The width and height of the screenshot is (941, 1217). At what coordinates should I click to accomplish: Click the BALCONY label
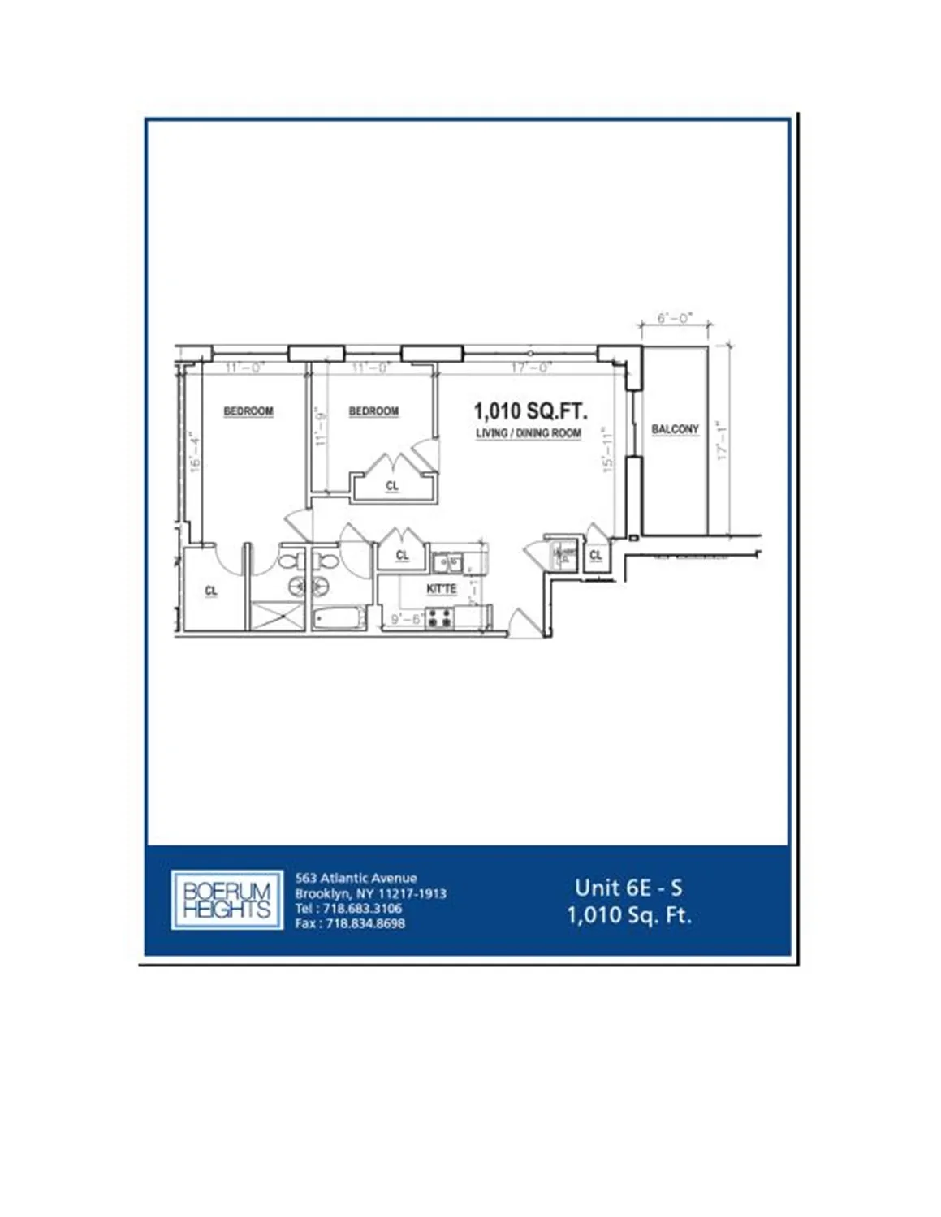(675, 429)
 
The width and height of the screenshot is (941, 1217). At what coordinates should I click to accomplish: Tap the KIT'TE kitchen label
(442, 589)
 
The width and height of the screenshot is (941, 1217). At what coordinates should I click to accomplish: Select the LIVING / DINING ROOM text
(529, 433)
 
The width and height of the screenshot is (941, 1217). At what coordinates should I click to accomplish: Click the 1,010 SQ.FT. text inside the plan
(530, 411)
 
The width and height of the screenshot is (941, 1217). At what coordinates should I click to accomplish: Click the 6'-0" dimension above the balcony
(675, 318)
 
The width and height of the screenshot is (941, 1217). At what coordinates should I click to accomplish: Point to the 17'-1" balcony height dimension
(723, 441)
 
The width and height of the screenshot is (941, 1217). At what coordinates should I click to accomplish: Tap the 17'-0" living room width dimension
(531, 368)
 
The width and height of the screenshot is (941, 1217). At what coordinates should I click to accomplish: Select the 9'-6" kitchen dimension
(406, 619)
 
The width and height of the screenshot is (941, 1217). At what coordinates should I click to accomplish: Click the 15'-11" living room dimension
(608, 450)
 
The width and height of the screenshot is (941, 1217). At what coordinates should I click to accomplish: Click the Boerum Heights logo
(227, 901)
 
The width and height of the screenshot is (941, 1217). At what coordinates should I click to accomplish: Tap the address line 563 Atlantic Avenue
(356, 878)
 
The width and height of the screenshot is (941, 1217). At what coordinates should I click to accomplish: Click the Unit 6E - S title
(628, 888)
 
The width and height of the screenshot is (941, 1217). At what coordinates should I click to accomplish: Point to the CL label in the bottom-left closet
(211, 591)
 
